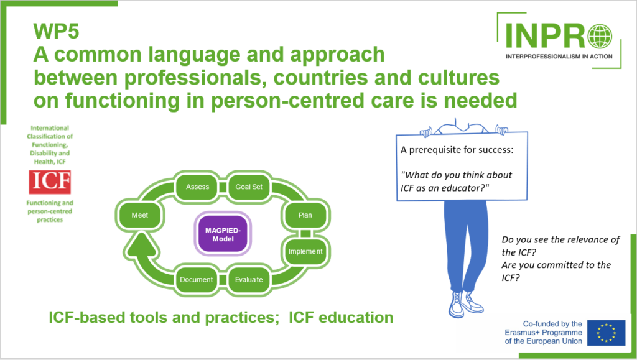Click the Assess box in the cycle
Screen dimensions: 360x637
(198, 187)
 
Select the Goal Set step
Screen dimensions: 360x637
(249, 187)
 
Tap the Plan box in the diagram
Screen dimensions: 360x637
(305, 215)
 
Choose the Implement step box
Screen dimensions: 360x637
(305, 251)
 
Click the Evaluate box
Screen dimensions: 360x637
(248, 279)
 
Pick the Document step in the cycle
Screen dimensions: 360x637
(197, 279)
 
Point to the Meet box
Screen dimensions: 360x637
(140, 215)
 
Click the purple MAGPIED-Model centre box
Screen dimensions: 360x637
(222, 234)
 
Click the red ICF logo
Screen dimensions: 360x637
(50, 182)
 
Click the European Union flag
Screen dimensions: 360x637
(607, 333)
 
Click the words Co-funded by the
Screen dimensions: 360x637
(552, 324)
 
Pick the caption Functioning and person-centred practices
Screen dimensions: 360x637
(50, 211)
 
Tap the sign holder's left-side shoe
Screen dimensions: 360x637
(458, 305)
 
